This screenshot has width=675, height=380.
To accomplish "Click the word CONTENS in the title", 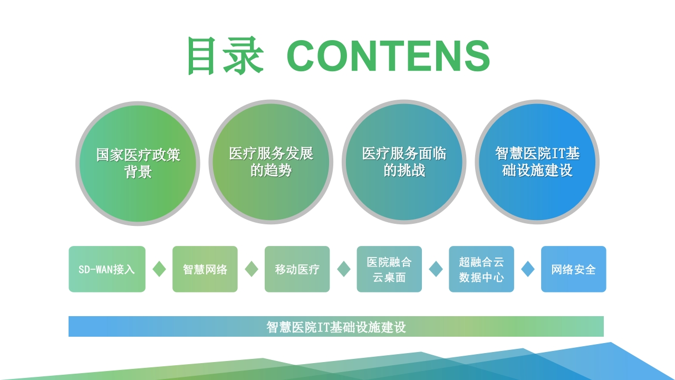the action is (388, 56).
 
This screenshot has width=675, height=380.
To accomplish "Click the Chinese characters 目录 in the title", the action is (225, 56).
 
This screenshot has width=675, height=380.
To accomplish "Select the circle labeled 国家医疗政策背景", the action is (138, 164).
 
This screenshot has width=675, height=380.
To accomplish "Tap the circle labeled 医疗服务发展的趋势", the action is (271, 162).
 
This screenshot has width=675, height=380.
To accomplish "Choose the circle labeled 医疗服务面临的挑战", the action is (404, 162).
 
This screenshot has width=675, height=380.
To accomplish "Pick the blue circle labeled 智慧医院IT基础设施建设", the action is (537, 162).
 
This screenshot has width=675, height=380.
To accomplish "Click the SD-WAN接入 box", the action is (107, 269).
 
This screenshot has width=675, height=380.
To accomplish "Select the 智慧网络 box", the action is (205, 269).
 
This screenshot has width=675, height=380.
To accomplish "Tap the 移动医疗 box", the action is (297, 269).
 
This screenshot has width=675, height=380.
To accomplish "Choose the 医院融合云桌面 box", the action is (389, 269).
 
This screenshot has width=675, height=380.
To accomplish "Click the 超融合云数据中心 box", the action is (481, 269).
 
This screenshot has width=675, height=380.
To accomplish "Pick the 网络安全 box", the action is (573, 269).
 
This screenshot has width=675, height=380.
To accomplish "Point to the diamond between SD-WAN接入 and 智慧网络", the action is (159, 269).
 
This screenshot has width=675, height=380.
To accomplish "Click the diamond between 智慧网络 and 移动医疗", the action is (252, 269).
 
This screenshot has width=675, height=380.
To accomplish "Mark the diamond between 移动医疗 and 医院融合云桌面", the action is (343, 269).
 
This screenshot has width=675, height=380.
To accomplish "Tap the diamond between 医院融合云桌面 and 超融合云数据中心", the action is (436, 269).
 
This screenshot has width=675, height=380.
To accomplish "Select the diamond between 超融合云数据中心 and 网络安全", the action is (528, 269).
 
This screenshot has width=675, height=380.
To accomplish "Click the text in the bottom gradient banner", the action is (336, 327).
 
